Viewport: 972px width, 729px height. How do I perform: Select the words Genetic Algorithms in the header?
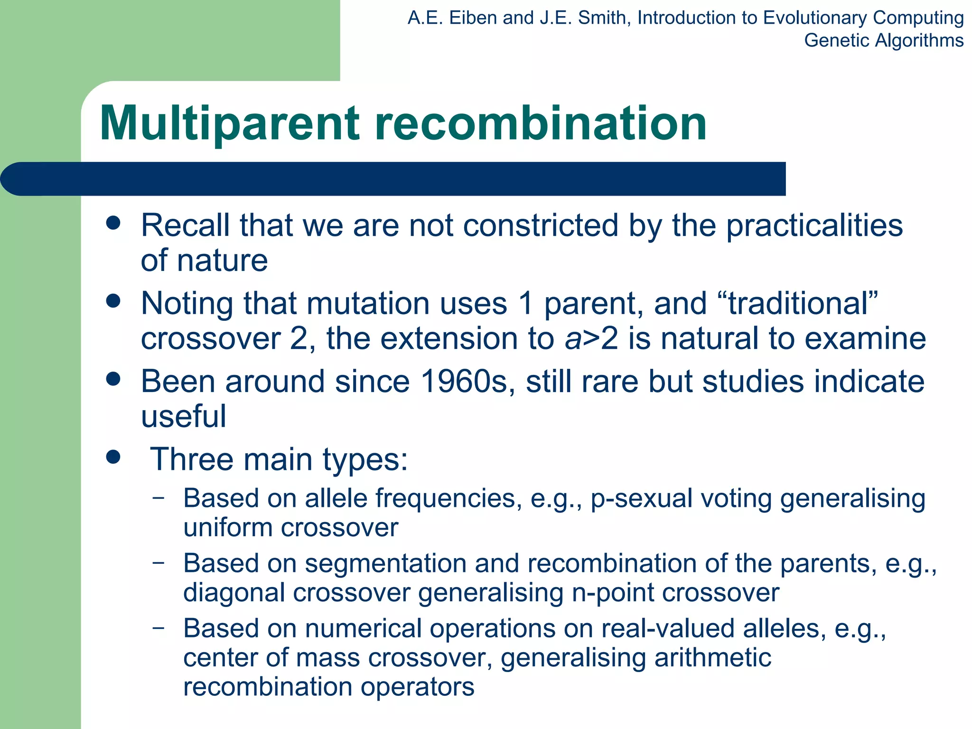tap(883, 40)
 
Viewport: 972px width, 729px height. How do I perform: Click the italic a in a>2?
tap(573, 339)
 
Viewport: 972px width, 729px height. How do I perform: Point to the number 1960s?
tap(468, 381)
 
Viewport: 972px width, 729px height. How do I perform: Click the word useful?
tap(183, 416)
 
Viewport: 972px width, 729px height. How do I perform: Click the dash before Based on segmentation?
tap(159, 563)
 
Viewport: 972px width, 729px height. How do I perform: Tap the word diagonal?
tap(233, 593)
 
